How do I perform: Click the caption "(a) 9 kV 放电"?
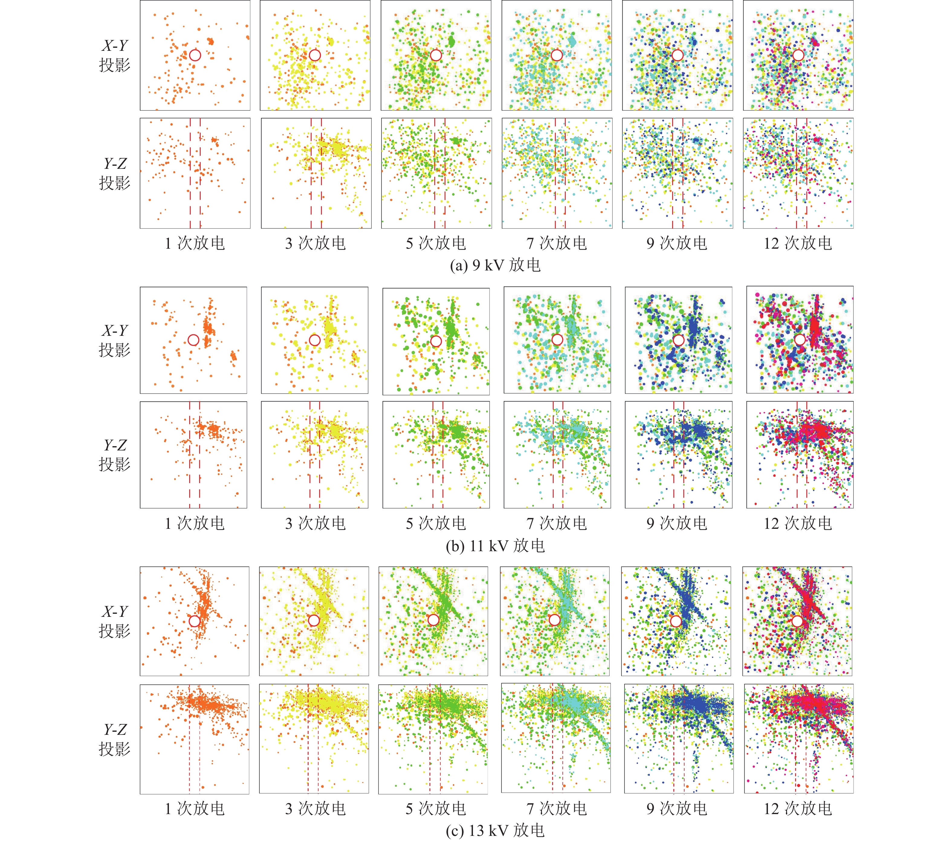coord(495,265)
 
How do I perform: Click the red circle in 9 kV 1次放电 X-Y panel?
coord(195,55)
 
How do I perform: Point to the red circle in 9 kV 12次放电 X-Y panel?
coord(798,55)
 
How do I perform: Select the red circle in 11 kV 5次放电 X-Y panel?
coord(436,341)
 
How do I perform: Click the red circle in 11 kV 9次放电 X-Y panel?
coord(678,340)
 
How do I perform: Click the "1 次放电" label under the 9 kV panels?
coord(195,243)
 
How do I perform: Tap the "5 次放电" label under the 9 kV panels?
coord(436,243)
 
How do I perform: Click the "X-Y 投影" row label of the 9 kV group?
coord(115,55)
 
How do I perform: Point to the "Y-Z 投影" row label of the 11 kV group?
coord(115,454)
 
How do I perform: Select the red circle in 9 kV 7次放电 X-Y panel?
coord(557,55)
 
